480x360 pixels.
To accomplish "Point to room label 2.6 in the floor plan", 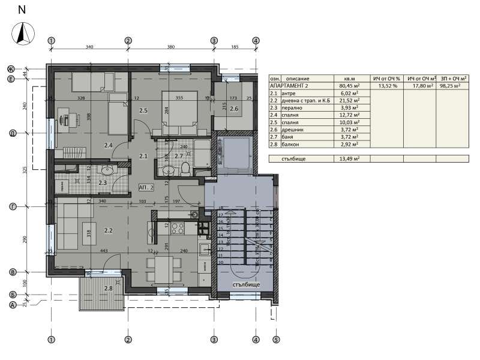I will (x=234, y=109).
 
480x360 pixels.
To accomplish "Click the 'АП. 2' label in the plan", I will (x=146, y=187).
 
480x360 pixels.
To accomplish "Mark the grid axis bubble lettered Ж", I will (x=11, y=68).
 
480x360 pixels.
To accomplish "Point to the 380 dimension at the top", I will (x=170, y=47).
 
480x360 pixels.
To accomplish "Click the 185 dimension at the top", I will (x=235, y=47).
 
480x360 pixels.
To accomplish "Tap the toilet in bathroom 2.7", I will (x=186, y=169).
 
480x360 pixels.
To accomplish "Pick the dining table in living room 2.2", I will (x=161, y=264).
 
